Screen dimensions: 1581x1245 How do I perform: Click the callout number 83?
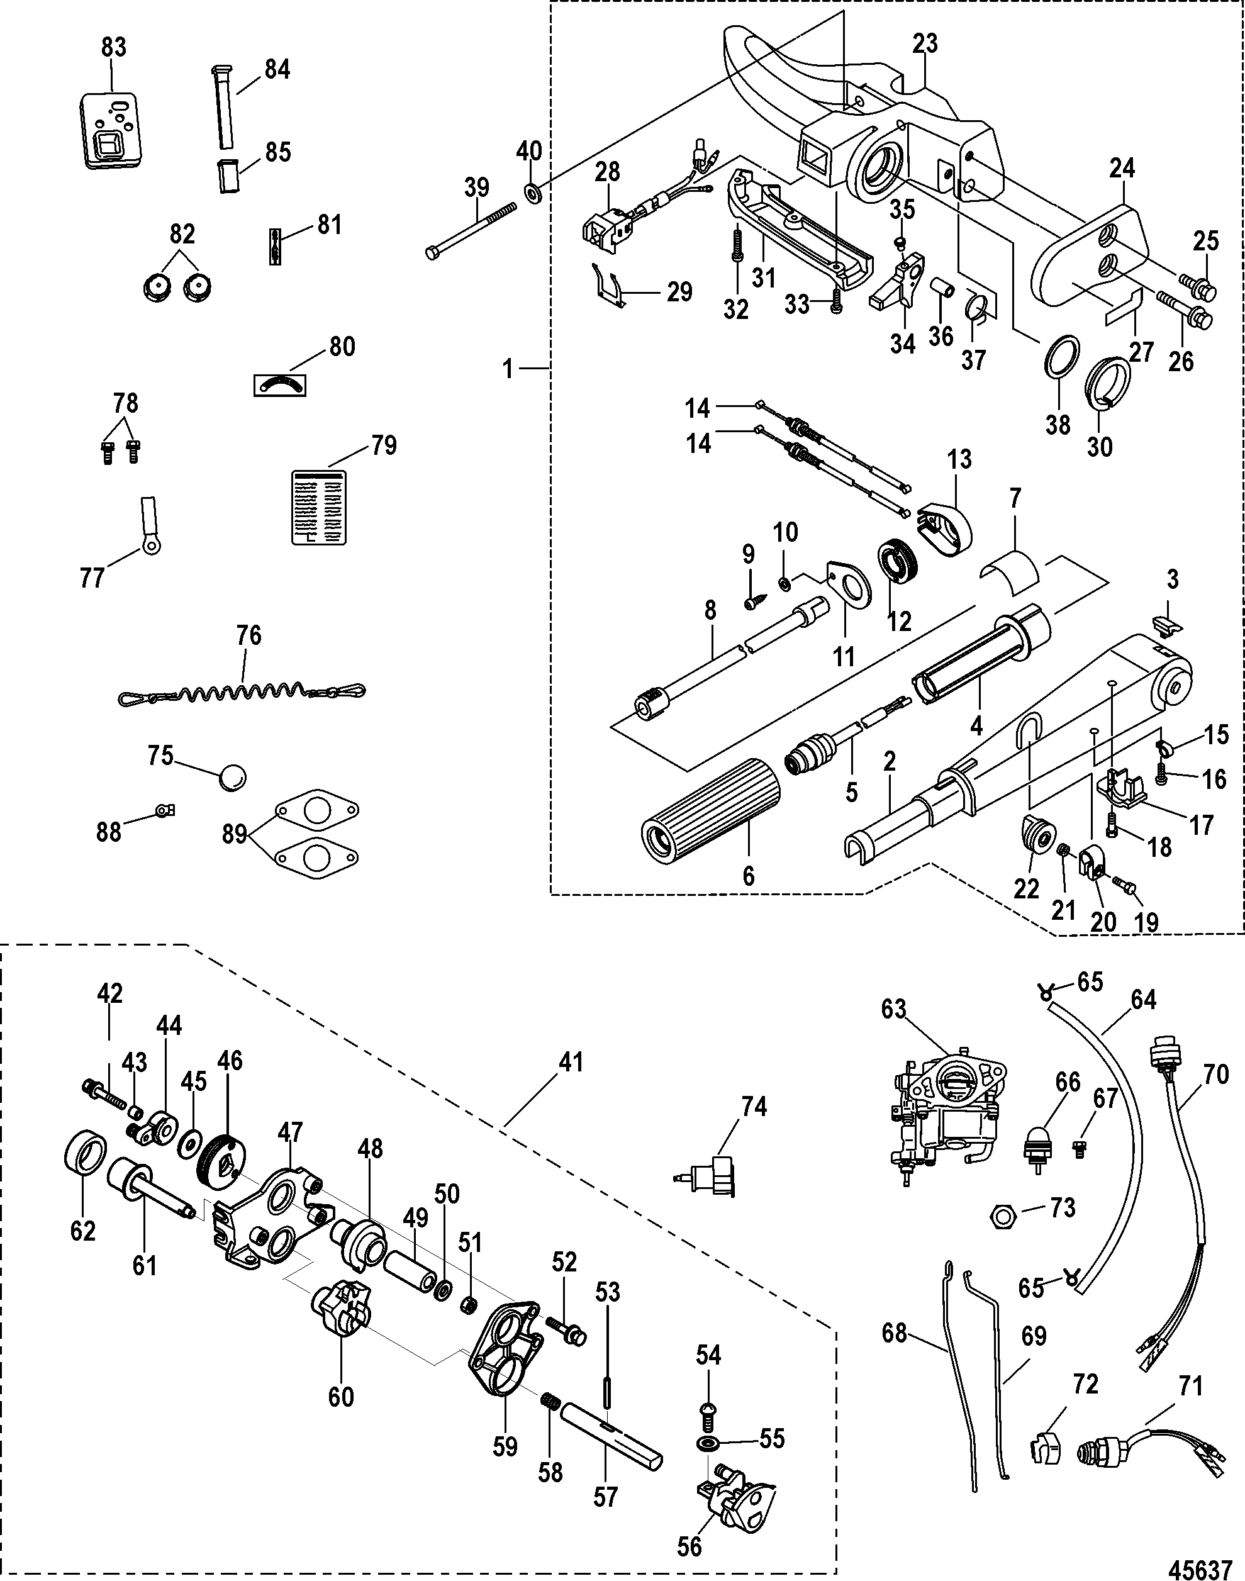tap(114, 47)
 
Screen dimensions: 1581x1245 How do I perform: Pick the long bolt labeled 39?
tap(471, 229)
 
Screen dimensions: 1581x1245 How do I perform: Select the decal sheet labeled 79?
tap(318, 506)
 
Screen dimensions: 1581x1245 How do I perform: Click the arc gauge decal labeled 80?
tap(279, 383)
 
